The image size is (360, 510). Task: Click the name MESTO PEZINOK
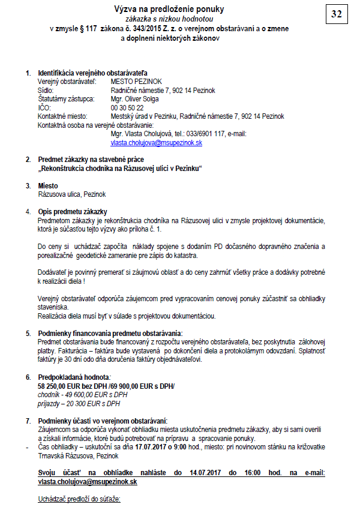pyautogui.click(x=137, y=81)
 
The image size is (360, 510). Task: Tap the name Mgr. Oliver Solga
pyautogui.click(x=134, y=99)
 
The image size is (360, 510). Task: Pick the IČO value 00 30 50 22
pyautogui.click(x=127, y=107)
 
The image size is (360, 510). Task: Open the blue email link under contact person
pyautogui.click(x=156, y=143)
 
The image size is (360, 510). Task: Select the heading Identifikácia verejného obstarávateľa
pyautogui.click(x=92, y=73)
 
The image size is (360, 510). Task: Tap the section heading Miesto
pyautogui.click(x=47, y=186)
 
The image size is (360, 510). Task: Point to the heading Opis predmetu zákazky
pyautogui.click(x=72, y=212)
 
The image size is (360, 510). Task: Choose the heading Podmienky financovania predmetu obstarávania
pyautogui.click(x=110, y=333)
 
